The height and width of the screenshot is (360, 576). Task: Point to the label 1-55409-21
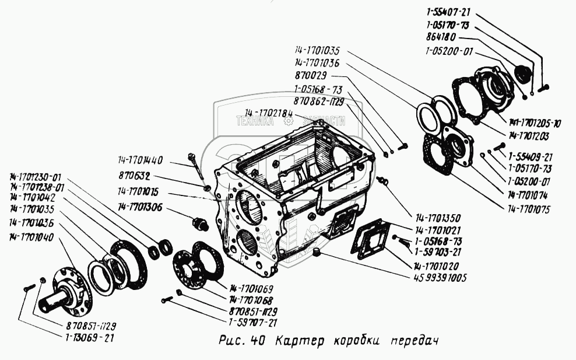530,157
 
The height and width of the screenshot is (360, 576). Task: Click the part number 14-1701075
529,208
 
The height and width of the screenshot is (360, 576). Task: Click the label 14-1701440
139,160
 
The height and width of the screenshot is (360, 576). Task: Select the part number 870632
132,175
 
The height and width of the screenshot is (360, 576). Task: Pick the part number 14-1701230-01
35,177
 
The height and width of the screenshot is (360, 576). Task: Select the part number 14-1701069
251,289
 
